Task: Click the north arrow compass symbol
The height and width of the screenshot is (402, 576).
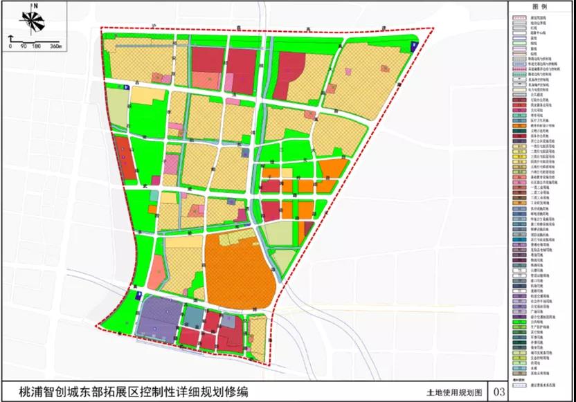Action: pos(28,21)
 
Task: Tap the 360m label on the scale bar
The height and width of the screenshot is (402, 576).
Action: pos(55,46)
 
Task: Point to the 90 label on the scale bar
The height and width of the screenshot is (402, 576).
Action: pos(24,46)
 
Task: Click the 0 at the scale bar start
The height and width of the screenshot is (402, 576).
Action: pos(10,46)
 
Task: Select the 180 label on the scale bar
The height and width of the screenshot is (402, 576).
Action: pos(36,46)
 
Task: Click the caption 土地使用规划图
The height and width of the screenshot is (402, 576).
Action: pos(453,392)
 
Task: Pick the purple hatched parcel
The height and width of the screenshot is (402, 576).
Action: pos(158,320)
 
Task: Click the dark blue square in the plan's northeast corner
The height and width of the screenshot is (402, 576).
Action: pos(413,46)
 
